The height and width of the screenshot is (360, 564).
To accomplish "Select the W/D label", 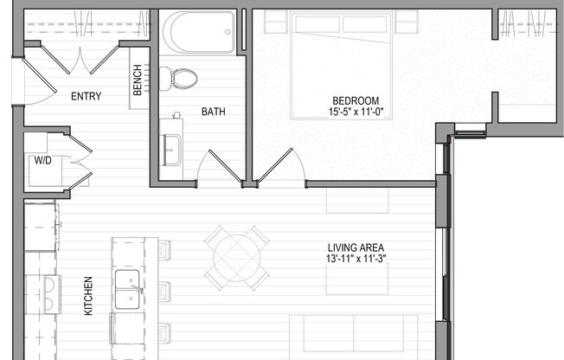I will pyautogui.click(x=42, y=160).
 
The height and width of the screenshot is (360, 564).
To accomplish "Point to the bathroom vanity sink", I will pyautogui.click(x=171, y=141).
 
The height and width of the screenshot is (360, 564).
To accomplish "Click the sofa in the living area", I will pyautogui.click(x=355, y=337).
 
